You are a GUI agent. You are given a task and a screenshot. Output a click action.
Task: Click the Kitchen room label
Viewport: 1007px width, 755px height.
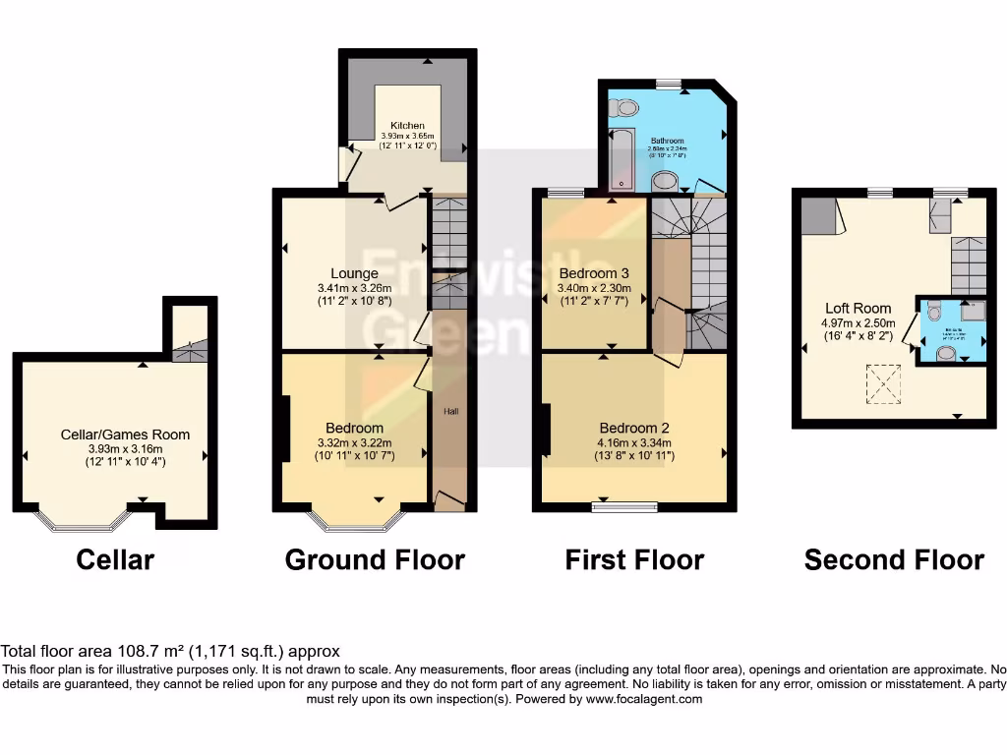click(x=407, y=126)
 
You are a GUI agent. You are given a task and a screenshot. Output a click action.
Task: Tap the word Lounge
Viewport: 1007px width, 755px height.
click(x=355, y=273)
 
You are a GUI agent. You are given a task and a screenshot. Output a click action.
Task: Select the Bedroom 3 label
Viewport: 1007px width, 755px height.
click(x=593, y=272)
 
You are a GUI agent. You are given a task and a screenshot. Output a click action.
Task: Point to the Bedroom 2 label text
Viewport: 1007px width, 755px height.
click(x=634, y=428)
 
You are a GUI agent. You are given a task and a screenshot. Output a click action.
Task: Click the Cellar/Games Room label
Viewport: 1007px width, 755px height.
click(x=123, y=435)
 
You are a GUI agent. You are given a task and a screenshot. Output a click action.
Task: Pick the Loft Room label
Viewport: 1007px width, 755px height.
click(x=859, y=308)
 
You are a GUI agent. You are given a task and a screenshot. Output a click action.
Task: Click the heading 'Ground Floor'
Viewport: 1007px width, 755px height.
click(x=375, y=560)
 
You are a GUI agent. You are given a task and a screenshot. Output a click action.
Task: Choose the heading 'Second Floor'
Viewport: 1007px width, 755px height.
click(x=894, y=560)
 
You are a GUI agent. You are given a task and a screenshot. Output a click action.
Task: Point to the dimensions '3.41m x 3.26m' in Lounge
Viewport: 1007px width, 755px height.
click(x=355, y=288)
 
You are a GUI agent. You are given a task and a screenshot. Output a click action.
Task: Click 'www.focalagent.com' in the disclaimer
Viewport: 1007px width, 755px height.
click(x=644, y=700)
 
